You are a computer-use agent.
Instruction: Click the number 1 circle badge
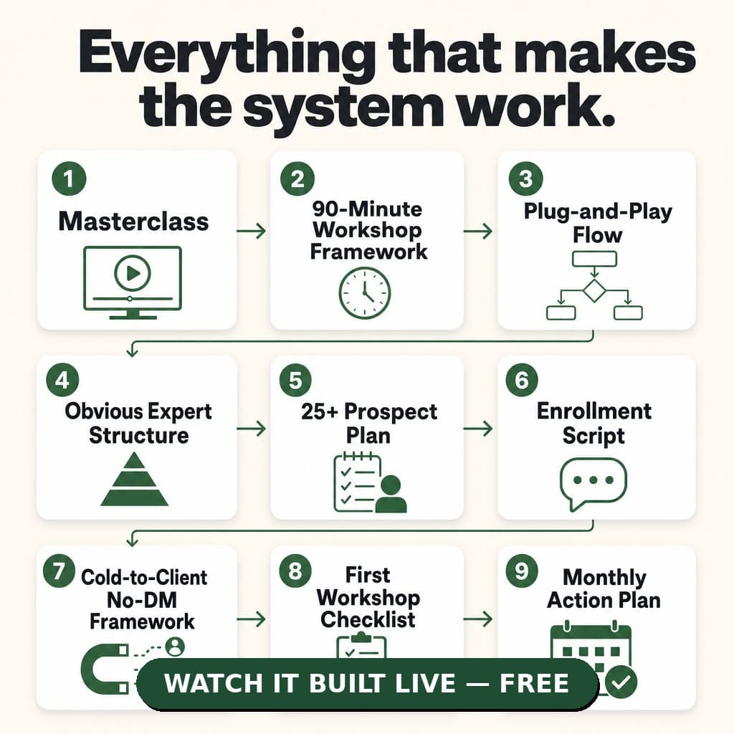pos(69,178)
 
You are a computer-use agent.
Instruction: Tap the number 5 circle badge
pos(295,380)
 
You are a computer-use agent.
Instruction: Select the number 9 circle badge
pos(522,571)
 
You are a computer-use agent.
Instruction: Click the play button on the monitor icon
pos(133,273)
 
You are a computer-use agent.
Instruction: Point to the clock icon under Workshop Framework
pos(364,293)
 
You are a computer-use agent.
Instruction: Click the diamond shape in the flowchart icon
pos(594,290)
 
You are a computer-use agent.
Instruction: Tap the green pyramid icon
pos(134,479)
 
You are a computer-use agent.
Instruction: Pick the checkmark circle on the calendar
pos(621,682)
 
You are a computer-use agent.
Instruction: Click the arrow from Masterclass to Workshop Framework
pos(252,231)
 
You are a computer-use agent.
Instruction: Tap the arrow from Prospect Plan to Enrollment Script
pos(478,429)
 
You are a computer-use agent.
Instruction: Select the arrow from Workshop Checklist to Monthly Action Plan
pos(478,619)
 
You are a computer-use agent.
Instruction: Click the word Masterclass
pos(133,221)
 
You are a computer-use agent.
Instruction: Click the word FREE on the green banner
pos(534,683)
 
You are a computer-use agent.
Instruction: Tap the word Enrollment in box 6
pos(594,411)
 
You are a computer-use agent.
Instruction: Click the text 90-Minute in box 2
pos(368,209)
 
